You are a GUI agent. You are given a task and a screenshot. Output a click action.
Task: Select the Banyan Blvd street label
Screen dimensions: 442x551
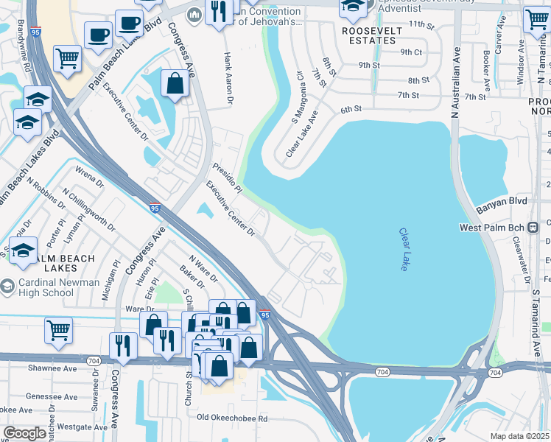click(x=502, y=200)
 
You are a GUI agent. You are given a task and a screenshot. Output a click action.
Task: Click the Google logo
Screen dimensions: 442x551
click(x=24, y=433)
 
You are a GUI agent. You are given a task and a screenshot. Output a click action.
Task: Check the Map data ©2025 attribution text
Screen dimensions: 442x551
click(x=519, y=436)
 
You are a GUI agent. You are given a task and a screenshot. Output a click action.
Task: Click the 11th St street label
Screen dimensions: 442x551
click(x=423, y=24)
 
